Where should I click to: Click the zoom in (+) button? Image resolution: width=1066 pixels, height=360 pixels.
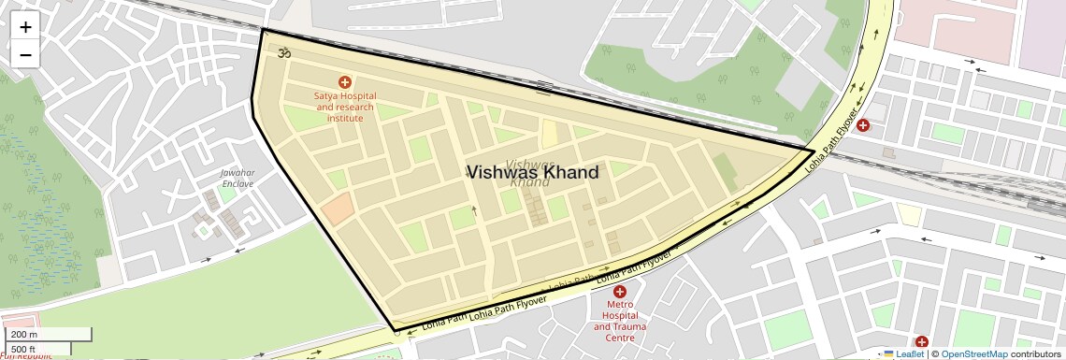click(x=25, y=27)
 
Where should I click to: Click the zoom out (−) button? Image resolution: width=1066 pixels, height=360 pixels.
click(x=25, y=54)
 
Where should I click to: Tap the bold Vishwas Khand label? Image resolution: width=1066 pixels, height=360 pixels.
click(x=532, y=172)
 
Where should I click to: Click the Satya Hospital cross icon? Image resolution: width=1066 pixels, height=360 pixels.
click(x=345, y=83)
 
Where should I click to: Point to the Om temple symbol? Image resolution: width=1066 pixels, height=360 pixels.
click(x=284, y=53)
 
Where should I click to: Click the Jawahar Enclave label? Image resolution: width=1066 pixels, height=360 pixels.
click(x=238, y=178)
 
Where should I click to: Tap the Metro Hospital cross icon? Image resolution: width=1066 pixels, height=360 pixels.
click(x=619, y=292)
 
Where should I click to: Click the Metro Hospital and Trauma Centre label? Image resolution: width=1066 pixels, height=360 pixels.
click(x=620, y=321)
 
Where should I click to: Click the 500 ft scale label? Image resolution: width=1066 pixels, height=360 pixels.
click(x=24, y=349)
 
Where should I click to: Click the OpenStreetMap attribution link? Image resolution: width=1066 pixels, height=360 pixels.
click(x=973, y=353)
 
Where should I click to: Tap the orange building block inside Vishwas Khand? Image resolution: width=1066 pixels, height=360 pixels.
click(x=338, y=208)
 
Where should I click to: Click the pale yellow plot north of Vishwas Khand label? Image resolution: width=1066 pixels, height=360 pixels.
click(x=549, y=133)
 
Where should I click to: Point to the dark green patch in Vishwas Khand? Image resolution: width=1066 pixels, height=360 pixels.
click(x=724, y=168)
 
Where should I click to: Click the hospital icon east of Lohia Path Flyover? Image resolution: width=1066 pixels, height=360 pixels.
click(x=863, y=124)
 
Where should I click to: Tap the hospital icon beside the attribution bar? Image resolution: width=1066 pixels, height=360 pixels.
click(x=922, y=342)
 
